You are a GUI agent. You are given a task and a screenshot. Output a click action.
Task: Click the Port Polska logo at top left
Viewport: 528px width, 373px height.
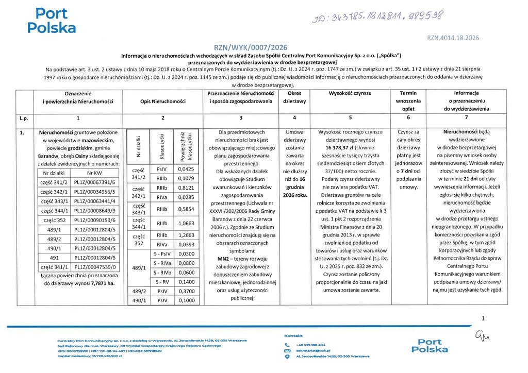[x=52, y=20]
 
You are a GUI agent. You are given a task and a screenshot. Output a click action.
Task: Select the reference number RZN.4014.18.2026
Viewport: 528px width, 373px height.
[x=454, y=38]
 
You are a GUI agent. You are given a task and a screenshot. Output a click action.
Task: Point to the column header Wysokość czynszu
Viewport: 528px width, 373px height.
[x=351, y=93]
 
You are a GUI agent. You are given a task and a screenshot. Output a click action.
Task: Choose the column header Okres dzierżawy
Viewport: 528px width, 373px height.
[x=292, y=97]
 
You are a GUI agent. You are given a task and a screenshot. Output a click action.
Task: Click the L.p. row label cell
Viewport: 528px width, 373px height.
[x=24, y=118]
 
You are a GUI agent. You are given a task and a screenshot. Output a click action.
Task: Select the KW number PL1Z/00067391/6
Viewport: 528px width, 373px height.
[x=96, y=182]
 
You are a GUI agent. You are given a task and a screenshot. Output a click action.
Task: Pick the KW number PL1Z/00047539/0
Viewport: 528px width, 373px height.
[x=96, y=267]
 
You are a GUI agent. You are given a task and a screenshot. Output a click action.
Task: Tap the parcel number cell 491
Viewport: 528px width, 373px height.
[x=53, y=258]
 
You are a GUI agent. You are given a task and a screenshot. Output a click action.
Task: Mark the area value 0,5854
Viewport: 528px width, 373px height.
[x=186, y=210]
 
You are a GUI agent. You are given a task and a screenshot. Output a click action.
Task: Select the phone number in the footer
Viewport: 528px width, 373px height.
[x=310, y=345]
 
